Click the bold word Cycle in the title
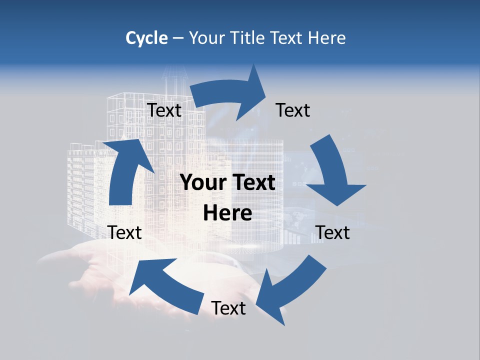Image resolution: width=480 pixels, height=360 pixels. click(146, 38)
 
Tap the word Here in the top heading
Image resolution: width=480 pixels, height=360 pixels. click(327, 38)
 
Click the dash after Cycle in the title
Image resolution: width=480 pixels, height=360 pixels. click(178, 38)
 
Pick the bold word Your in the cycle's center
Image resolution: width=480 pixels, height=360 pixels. click(202, 183)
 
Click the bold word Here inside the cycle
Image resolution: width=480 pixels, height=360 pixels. click(227, 213)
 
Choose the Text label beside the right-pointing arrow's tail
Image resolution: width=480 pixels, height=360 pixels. click(164, 110)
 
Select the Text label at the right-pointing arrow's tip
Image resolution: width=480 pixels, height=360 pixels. click(293, 110)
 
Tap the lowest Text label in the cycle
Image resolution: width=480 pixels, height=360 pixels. click(228, 308)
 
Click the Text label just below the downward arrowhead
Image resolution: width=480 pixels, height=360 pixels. click(333, 232)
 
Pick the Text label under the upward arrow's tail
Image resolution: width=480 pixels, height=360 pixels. click(125, 232)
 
